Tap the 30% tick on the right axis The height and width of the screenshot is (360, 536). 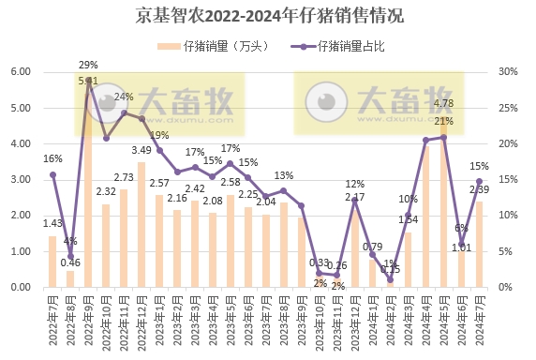coord(509,72)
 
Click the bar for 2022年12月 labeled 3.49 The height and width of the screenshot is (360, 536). coord(141,225)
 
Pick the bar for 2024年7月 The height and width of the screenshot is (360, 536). coord(479,245)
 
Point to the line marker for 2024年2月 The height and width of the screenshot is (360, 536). coord(391,279)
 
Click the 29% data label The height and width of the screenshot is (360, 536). coord(88,65)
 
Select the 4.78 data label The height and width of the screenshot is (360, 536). coord(444,103)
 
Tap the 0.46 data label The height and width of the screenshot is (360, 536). coord(70,262)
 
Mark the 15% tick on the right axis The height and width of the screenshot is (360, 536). coord(509,180)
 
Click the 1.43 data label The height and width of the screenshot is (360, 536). coord(52,222)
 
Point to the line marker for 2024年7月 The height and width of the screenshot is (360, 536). coord(479,181)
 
